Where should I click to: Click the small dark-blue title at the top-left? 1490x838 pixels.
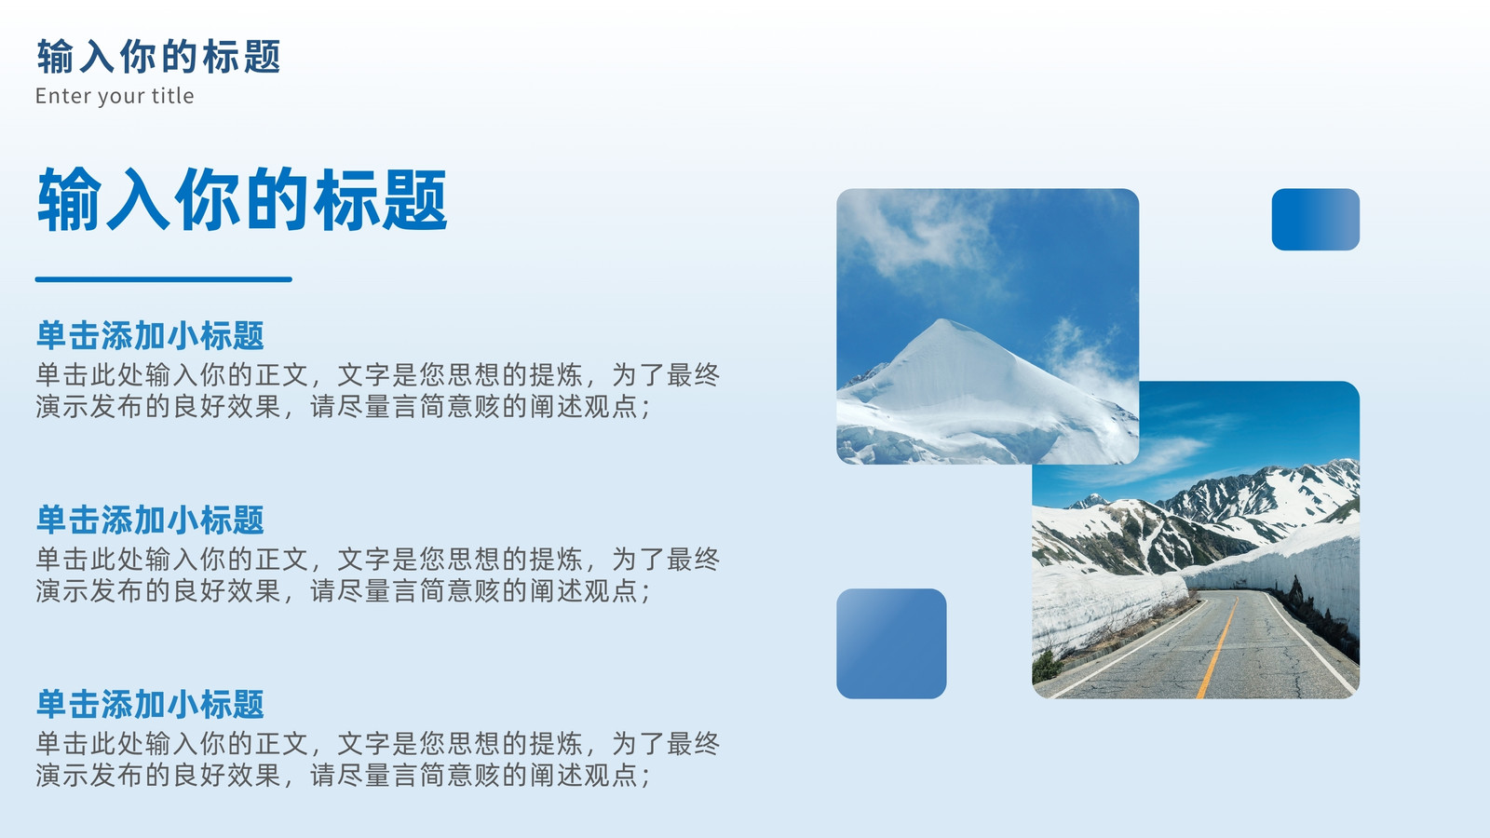click(158, 56)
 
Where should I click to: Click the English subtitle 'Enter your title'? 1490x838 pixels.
click(115, 96)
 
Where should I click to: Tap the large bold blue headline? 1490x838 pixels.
click(242, 199)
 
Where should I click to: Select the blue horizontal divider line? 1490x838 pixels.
click(164, 279)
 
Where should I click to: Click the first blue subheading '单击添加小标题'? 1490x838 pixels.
click(150, 335)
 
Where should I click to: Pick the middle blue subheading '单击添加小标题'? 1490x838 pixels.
click(150, 520)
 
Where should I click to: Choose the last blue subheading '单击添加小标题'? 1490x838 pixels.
click(150, 704)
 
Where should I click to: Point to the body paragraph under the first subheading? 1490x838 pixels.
click(378, 390)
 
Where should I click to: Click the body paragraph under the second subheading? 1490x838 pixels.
click(378, 574)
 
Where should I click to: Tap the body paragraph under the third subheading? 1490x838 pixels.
click(378, 759)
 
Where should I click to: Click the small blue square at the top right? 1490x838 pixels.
click(1316, 220)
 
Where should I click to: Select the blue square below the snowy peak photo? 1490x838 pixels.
click(891, 643)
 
